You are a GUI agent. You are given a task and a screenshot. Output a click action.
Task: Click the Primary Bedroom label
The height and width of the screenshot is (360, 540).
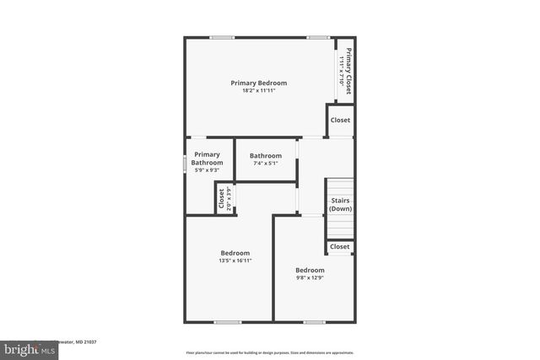click(259, 83)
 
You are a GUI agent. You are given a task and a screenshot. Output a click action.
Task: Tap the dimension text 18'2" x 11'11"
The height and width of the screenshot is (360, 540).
click(259, 90)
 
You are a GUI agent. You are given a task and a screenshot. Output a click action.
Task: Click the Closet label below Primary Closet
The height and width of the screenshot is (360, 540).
click(340, 121)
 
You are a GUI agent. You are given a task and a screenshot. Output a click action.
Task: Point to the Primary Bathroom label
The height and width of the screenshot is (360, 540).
click(207, 159)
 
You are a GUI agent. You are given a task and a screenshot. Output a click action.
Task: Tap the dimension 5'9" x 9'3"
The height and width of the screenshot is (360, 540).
click(207, 170)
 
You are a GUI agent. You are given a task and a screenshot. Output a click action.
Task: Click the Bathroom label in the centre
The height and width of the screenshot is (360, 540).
click(265, 155)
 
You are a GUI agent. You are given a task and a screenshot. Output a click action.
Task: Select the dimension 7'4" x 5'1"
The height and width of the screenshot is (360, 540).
click(265, 163)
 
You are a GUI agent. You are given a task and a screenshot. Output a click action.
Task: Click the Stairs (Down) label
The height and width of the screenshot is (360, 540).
click(340, 204)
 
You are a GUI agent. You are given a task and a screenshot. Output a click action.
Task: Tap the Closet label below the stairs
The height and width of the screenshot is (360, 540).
click(340, 247)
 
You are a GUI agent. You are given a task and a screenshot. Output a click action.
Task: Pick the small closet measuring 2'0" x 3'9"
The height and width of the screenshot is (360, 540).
click(224, 198)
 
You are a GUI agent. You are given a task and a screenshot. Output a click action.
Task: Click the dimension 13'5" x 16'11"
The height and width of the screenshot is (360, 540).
click(235, 261)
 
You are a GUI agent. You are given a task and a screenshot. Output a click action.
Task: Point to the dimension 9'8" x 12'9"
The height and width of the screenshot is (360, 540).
click(310, 277)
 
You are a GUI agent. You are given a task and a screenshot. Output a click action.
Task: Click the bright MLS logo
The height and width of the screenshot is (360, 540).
click(27, 348)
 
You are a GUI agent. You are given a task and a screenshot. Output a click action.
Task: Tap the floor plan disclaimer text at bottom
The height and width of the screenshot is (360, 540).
click(269, 352)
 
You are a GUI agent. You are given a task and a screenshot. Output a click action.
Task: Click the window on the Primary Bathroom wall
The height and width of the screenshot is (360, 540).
click(186, 164)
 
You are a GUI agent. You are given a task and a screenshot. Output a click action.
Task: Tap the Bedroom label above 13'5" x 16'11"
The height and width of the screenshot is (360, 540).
click(235, 253)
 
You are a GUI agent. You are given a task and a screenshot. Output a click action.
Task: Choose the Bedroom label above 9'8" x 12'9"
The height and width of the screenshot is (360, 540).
click(310, 270)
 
